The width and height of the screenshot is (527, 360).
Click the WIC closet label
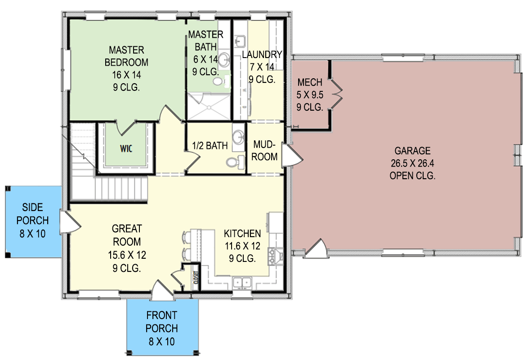point(126,148)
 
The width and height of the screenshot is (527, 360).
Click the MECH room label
point(310,82)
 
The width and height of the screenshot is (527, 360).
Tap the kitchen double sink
point(243,283)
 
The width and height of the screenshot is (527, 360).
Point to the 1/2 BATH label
point(210,145)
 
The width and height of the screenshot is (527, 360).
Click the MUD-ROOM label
point(265,151)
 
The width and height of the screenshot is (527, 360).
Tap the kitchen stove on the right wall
point(275,256)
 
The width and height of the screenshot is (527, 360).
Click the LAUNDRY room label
point(262,54)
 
